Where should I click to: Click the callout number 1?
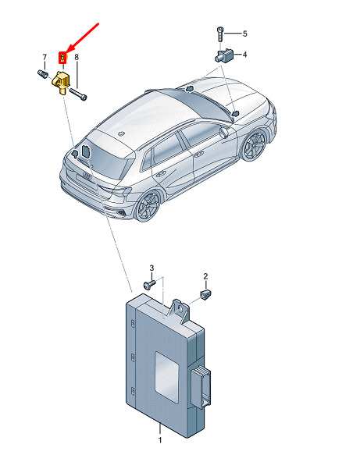point(160,440)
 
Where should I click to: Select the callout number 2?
point(205,276)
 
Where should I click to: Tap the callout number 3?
point(151,268)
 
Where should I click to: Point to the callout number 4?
point(244,55)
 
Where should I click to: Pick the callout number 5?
point(244,34)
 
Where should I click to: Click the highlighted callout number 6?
point(62,57)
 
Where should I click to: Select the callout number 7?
point(45,57)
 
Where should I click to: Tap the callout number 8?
point(77,57)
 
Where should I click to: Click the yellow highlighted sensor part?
point(61,82)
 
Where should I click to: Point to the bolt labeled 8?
point(78,94)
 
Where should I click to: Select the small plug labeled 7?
point(43,73)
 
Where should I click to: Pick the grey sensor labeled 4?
point(224,55)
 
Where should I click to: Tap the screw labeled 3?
point(150,284)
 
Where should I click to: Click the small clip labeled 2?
point(205,294)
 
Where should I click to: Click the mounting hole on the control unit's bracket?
point(180,307)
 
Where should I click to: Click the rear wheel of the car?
point(148,205)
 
